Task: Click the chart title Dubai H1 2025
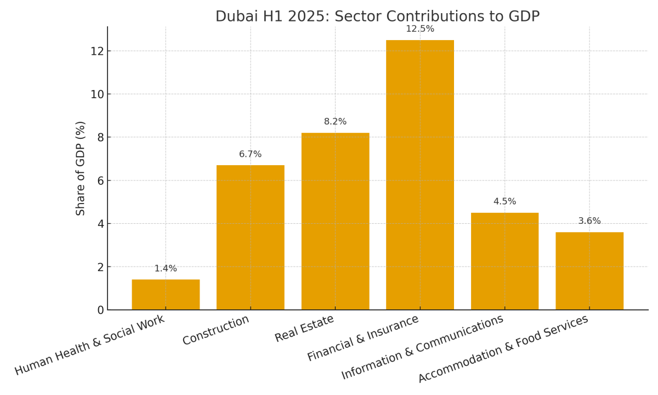377,16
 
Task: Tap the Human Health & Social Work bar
166,295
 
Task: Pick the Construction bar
251,237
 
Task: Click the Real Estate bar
335,221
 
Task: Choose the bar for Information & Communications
504,261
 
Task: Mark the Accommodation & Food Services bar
589,271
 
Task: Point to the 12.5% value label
420,29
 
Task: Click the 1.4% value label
166,269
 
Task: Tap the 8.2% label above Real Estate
335,122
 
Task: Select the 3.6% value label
589,221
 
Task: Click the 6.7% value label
251,155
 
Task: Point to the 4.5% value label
504,202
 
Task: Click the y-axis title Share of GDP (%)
81,168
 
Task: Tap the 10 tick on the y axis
97,94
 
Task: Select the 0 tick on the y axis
100,311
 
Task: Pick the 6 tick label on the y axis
100,180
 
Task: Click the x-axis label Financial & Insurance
363,338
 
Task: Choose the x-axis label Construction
216,330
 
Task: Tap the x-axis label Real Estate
304,329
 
